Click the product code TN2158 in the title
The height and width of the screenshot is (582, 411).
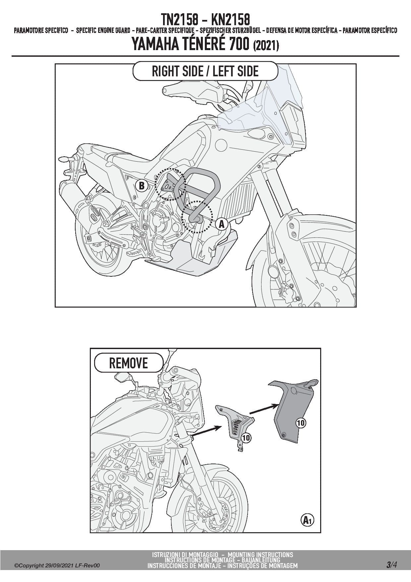click(180, 20)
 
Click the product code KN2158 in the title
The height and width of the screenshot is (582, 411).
click(231, 20)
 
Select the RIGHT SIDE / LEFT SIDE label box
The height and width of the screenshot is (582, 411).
click(205, 71)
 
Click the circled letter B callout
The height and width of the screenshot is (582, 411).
click(142, 186)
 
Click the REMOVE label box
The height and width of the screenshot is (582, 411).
click(129, 363)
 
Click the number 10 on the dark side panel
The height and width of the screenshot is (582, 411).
click(301, 423)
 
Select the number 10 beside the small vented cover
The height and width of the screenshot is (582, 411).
click(246, 438)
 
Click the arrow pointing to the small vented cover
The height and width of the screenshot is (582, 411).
click(206, 431)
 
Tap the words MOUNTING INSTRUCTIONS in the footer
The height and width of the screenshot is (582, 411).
click(261, 554)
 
